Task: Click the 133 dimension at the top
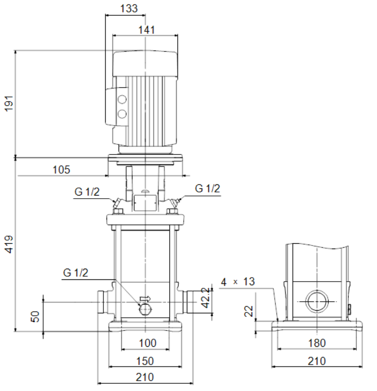coord(129,8)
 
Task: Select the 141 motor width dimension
coord(146,30)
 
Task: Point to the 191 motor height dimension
coord(9,103)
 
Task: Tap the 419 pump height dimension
coord(9,244)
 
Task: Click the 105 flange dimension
coord(61,170)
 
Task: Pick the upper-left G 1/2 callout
coord(87,192)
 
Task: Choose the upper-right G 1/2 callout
coord(207,188)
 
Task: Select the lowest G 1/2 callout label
coord(75,273)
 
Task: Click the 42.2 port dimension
coord(206,298)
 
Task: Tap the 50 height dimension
coord(35,317)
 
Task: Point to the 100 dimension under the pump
coord(148,343)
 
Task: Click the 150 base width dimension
coord(145,361)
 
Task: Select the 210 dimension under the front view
coord(145,377)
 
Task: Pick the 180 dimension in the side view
coord(317,343)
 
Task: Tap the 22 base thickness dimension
coord(249,311)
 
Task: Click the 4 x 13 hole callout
coord(238,282)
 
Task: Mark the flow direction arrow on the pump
coord(145,299)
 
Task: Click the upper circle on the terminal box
coord(122,100)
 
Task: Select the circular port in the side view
coord(317,301)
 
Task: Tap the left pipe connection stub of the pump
coord(103,302)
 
